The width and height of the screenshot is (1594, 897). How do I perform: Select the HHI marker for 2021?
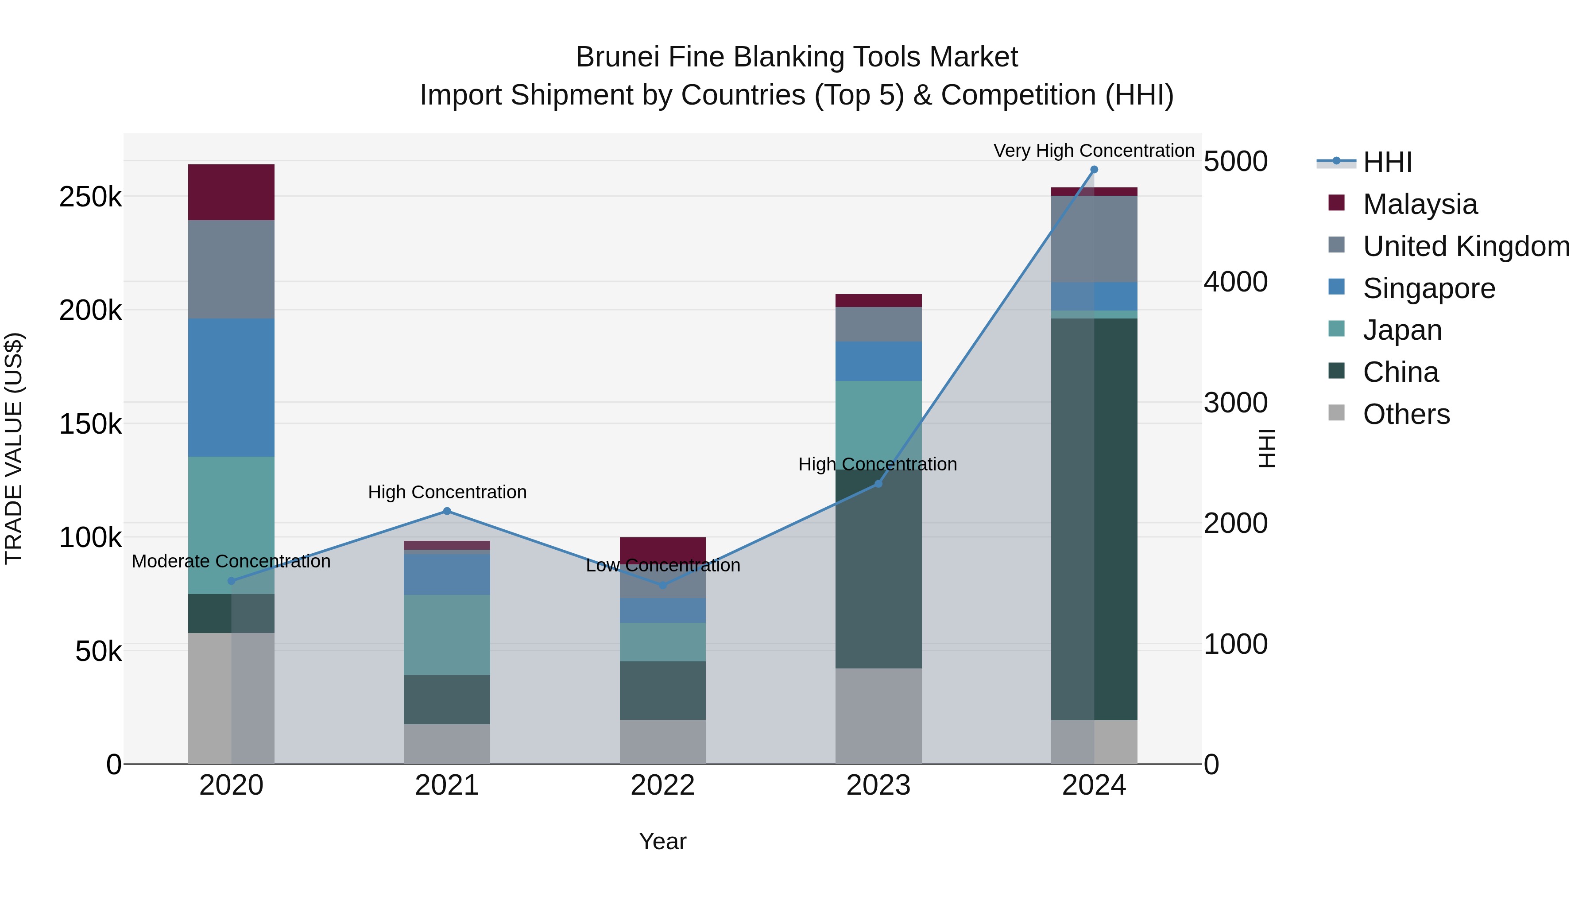pos(447,511)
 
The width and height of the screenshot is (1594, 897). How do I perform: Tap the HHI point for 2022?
pos(663,585)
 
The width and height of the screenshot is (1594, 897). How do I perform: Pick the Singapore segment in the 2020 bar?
pos(231,388)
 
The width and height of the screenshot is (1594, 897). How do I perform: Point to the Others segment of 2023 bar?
pos(878,716)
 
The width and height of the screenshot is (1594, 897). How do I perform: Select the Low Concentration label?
pos(663,566)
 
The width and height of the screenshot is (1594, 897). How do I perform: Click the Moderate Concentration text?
pos(231,562)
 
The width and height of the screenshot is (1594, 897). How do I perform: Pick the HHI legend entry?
pos(1387,162)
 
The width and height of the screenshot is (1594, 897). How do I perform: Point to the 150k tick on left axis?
pos(90,425)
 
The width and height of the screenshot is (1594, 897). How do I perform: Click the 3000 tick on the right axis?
pos(1235,403)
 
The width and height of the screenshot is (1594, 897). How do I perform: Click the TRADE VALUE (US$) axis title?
pos(14,448)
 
